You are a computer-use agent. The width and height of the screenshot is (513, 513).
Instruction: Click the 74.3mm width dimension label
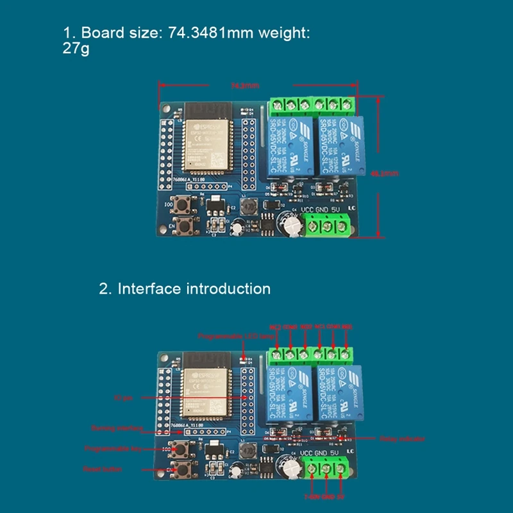point(244,86)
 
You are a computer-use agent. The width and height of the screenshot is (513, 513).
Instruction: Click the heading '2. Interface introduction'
point(185,289)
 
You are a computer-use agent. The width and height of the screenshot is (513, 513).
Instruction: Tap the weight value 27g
point(75,49)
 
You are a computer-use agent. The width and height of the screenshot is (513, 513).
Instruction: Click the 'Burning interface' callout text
point(108,427)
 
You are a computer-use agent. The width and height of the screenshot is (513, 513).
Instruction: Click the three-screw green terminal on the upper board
point(328,226)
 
